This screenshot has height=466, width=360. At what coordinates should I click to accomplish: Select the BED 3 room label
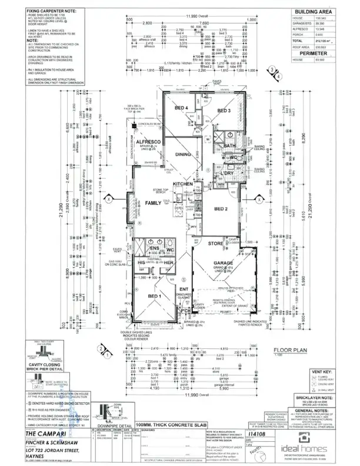coord(224,111)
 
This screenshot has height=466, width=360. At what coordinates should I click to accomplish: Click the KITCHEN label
coord(183,185)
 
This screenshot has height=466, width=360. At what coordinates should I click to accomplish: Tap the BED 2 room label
coord(222,209)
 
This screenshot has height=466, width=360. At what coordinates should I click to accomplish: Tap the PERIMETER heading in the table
coord(312,53)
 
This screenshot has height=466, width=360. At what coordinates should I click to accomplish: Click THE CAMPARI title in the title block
coord(35,434)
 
